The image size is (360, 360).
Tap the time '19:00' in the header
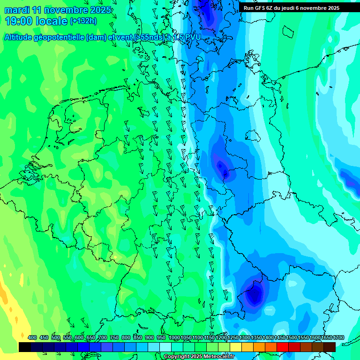pos(18,21)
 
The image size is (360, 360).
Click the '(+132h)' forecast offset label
pos(83,21)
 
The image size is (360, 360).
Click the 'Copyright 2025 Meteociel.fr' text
pos(199,357)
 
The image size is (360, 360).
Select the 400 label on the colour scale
pos(32,337)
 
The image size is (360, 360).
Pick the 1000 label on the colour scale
pos(174,337)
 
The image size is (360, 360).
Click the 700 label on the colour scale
pos(103,337)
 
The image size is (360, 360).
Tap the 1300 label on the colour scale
pos(244,337)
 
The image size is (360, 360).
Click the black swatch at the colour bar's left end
pos(25,347)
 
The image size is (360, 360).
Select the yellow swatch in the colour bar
pos(236,347)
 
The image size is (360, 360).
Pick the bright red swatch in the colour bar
pos(283,347)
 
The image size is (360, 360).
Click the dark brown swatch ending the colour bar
pos(330,347)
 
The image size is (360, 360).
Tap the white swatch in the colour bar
pos(165,347)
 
